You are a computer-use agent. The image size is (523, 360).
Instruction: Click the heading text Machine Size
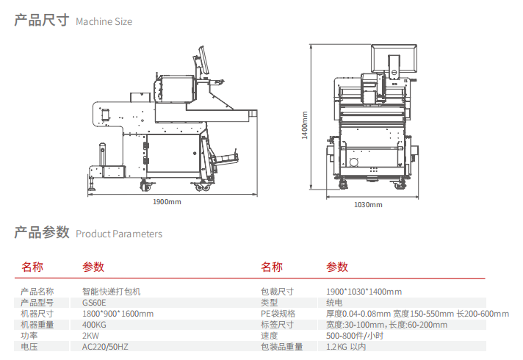[104, 21]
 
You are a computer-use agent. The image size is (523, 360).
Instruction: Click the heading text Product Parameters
[119, 234]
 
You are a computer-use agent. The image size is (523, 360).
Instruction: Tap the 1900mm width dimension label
[167, 201]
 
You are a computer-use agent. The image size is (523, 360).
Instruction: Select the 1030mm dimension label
[366, 204]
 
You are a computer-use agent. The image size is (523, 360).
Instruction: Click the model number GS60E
[94, 302]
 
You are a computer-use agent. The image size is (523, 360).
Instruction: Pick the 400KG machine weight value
[94, 324]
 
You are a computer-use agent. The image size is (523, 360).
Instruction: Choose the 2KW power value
[90, 335]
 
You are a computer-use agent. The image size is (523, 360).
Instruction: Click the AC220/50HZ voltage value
[104, 346]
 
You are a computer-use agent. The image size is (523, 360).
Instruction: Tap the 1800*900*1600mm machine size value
[118, 313]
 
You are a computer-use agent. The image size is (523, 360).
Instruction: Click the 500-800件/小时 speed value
[356, 335]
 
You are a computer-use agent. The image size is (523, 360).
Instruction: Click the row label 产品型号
[37, 302]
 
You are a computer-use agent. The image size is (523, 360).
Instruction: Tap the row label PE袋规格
[278, 313]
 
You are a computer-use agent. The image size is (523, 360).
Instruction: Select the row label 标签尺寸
[277, 324]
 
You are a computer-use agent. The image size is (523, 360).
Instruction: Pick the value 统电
[334, 302]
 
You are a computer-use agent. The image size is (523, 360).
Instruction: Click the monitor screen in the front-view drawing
[395, 59]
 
